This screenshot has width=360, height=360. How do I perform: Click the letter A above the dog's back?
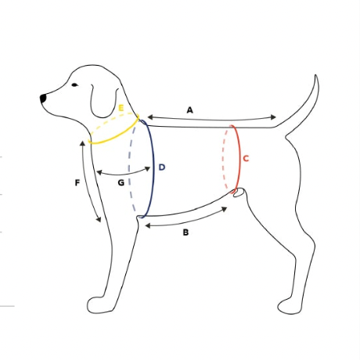(190, 110)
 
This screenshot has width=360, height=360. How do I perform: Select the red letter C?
(246, 159)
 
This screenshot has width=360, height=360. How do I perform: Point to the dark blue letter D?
(161, 167)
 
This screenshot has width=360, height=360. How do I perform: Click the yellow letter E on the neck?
(121, 107)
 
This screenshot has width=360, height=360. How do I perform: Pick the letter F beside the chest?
(77, 183)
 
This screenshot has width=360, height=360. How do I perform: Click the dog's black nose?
(44, 98)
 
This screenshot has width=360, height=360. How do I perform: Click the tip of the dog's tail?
(315, 77)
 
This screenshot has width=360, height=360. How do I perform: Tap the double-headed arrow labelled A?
(211, 118)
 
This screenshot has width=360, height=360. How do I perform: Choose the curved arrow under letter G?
(122, 171)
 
